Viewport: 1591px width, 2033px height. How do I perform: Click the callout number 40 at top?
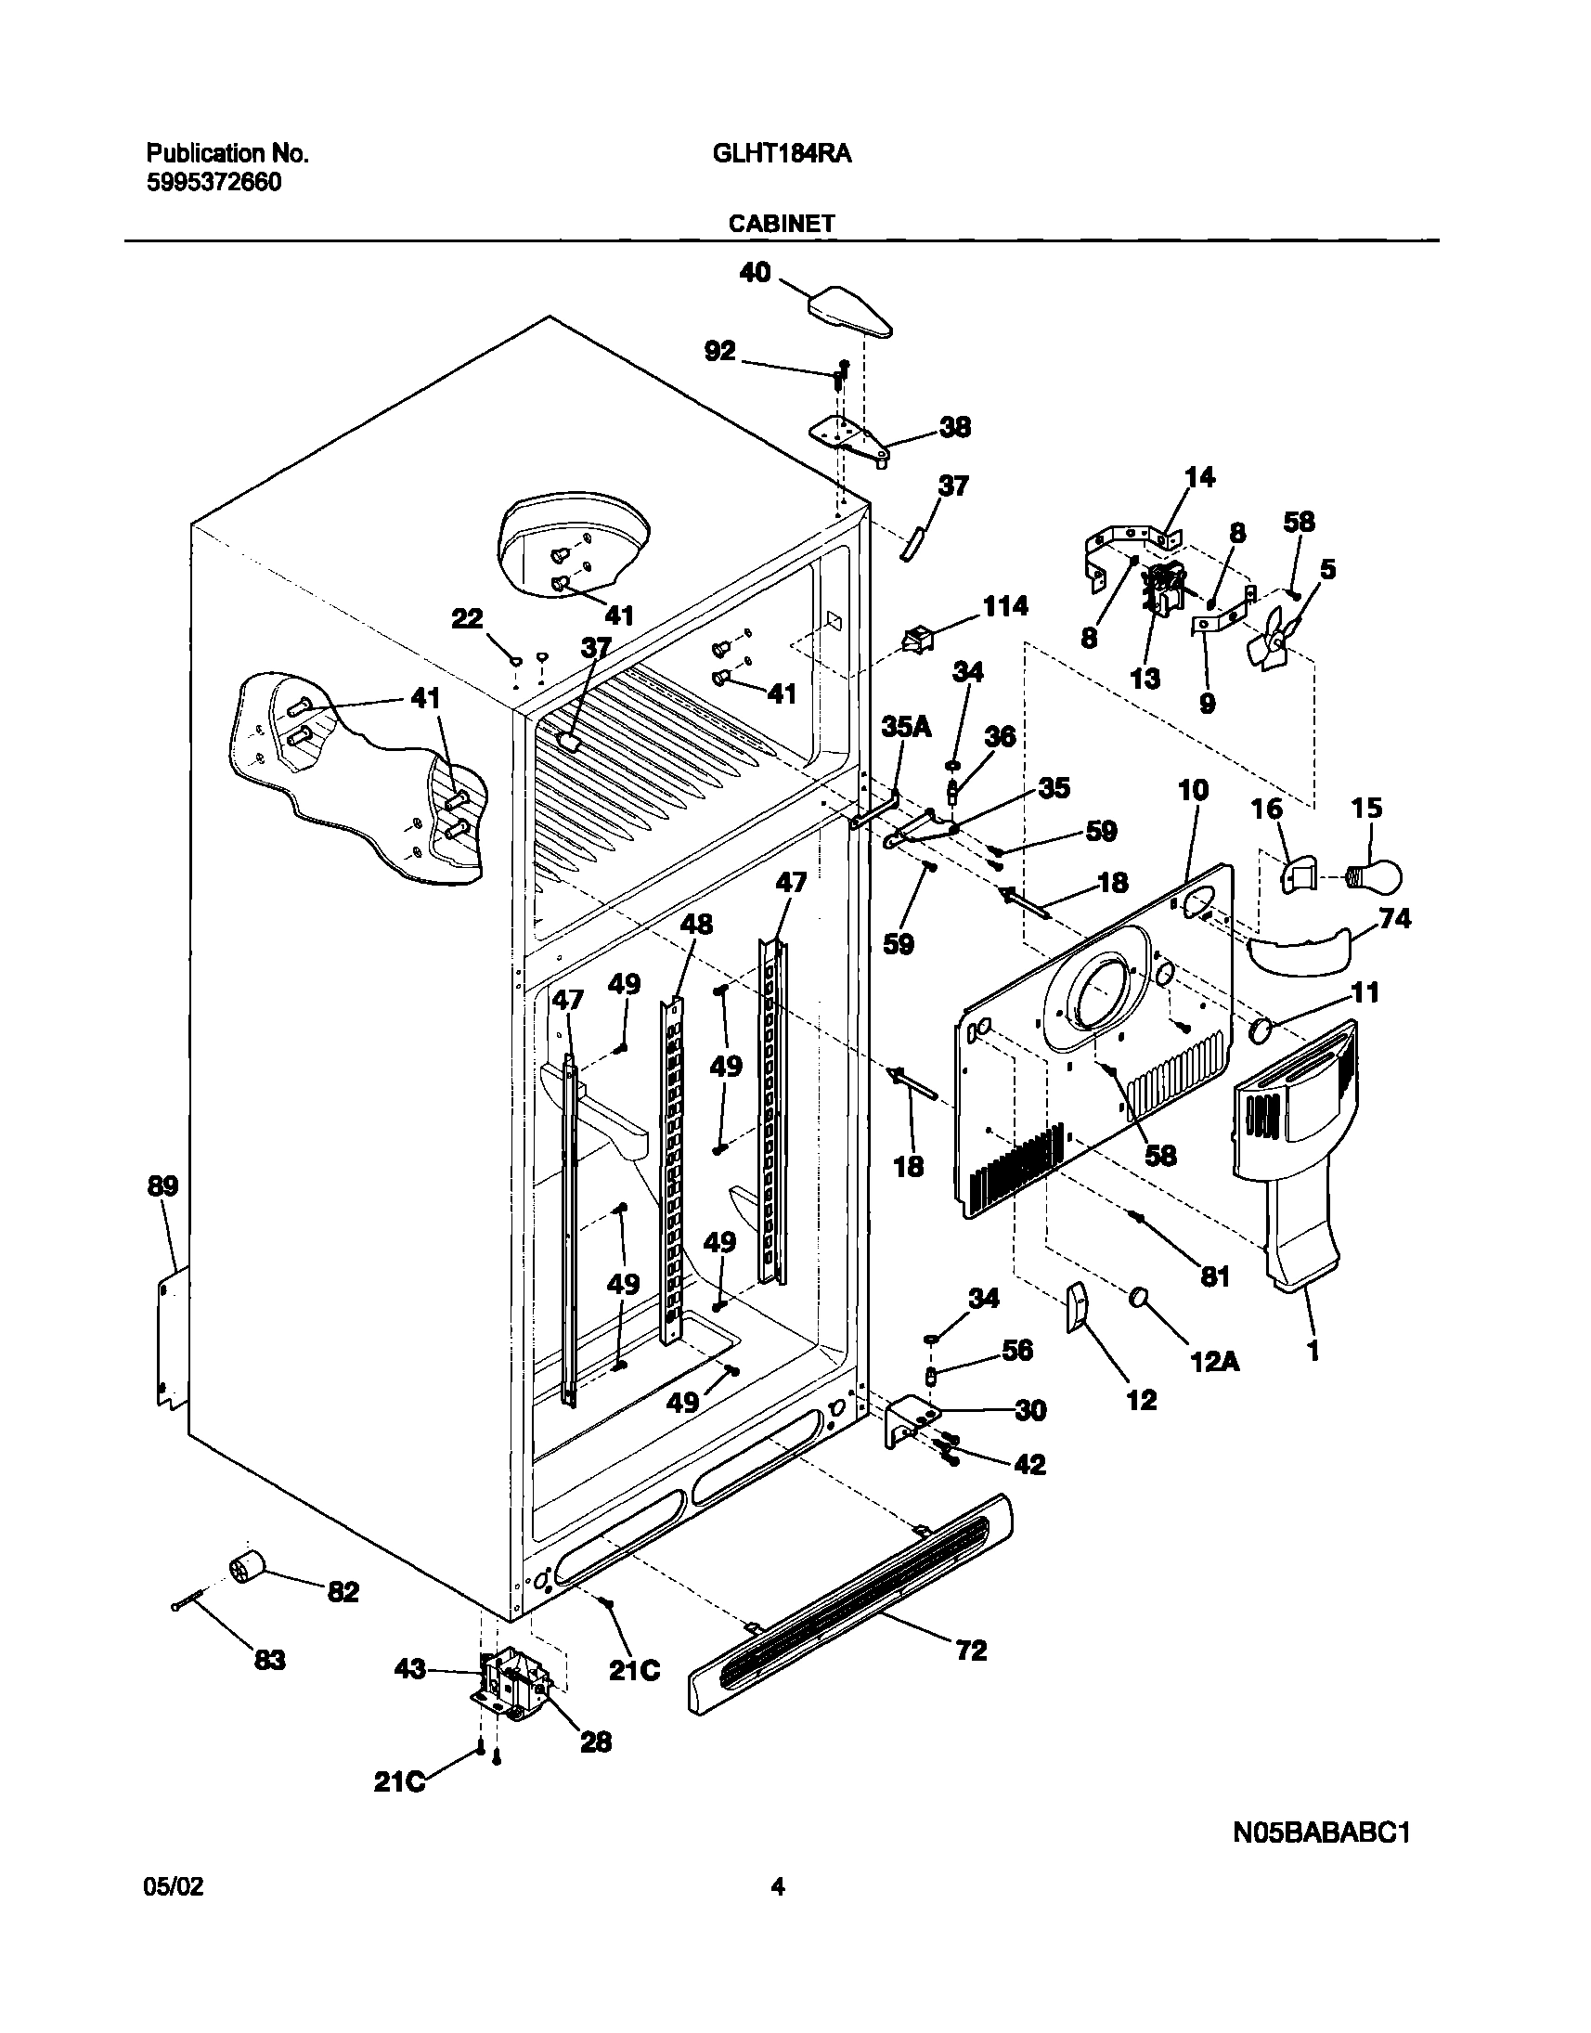755,272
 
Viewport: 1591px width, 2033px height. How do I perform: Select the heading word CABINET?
782,224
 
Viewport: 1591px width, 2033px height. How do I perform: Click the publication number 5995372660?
213,182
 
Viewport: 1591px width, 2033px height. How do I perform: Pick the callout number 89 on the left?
162,1186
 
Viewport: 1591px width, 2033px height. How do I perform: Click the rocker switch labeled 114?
917,641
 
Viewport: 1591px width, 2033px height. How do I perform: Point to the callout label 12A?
1216,1361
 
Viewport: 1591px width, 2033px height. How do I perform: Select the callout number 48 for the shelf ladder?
696,924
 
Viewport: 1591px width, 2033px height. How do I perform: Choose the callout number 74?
1394,919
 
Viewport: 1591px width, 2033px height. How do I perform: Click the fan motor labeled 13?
1164,589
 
